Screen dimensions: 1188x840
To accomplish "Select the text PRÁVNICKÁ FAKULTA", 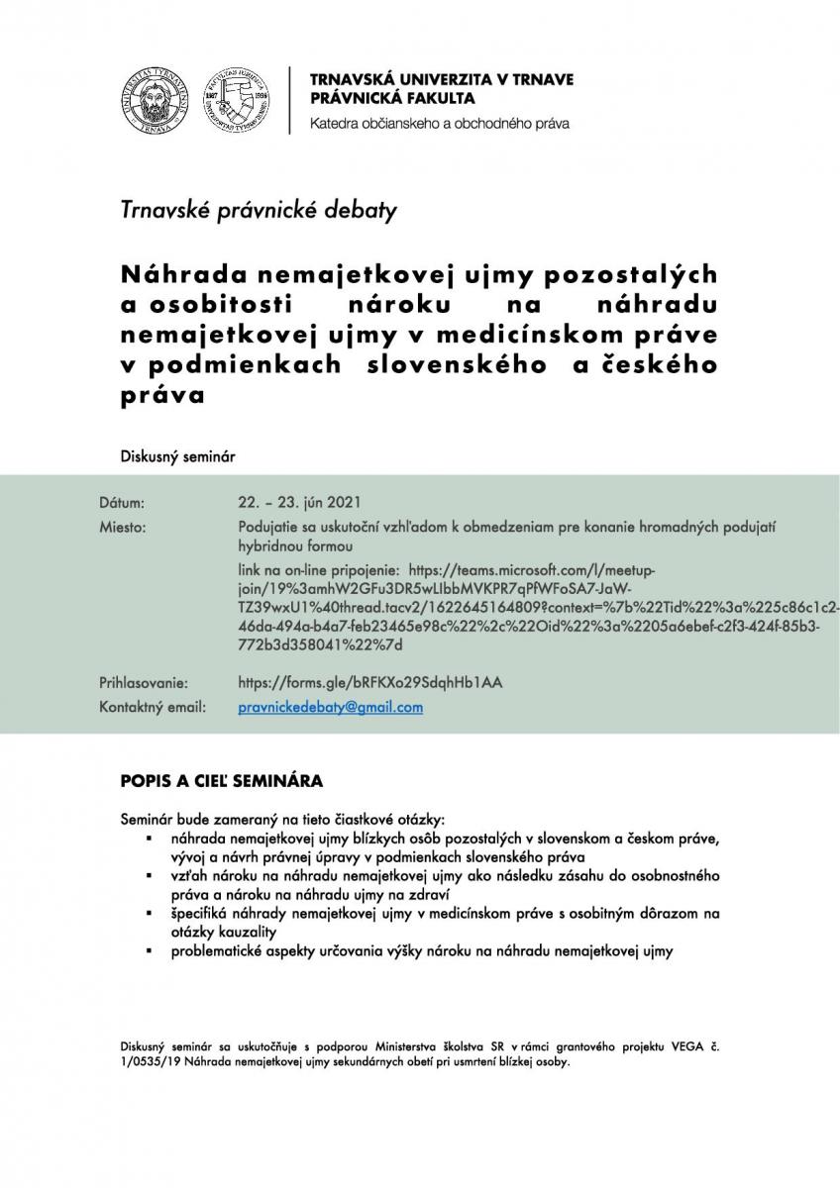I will pyautogui.click(x=391, y=98).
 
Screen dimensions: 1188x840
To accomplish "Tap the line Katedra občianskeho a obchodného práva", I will pyautogui.click(x=439, y=124).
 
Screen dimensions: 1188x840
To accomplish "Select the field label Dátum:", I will pyautogui.click(x=123, y=502).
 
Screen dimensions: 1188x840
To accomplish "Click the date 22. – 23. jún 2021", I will pyautogui.click(x=307, y=502).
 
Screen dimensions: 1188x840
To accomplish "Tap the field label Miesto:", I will pyautogui.click(x=123, y=527).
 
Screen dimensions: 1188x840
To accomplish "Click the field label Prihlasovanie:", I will pyautogui.click(x=144, y=682).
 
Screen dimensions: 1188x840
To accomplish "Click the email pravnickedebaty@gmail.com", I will pyautogui.click(x=331, y=707).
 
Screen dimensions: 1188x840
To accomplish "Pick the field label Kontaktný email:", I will pyautogui.click(x=153, y=707).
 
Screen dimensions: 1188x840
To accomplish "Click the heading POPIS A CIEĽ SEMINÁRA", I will pyautogui.click(x=221, y=780).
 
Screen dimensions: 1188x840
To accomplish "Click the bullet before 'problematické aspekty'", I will pyautogui.click(x=147, y=952).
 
